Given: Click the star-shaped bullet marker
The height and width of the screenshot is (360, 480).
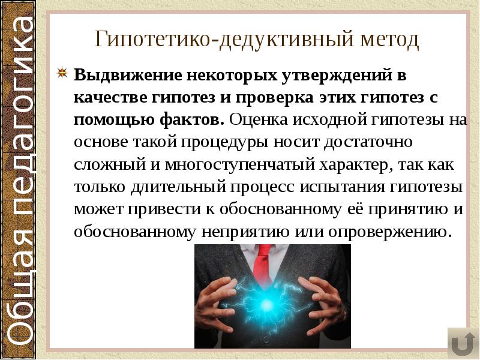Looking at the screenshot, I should pyautogui.click(x=62, y=74).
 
